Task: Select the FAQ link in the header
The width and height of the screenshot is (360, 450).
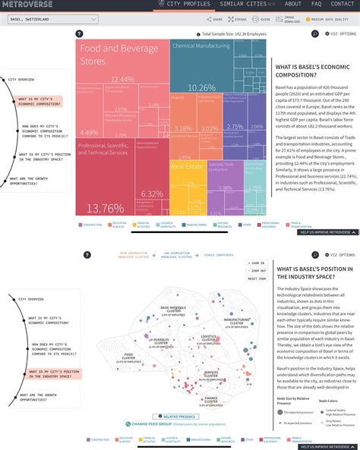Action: click(x=316, y=4)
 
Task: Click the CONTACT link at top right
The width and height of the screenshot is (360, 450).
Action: click(x=343, y=4)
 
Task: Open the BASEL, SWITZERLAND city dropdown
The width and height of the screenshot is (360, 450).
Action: click(x=49, y=17)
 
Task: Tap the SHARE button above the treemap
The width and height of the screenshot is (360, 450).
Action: click(x=216, y=19)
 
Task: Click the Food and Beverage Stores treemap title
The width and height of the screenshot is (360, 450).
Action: click(x=110, y=55)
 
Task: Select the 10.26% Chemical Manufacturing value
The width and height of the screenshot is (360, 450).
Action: click(x=201, y=88)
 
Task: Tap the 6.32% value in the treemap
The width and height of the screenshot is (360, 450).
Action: click(x=152, y=194)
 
